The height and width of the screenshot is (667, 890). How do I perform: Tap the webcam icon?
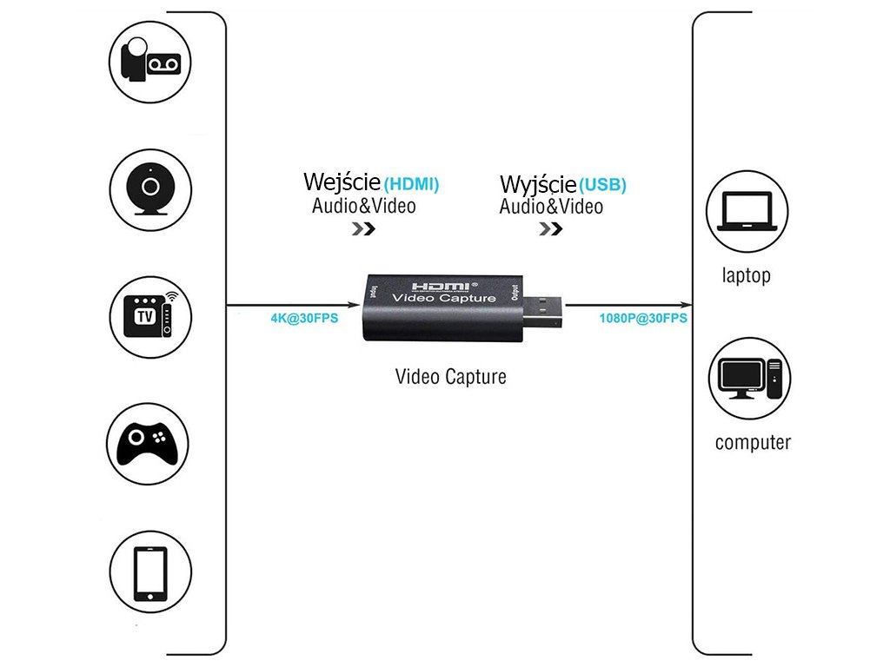(150, 188)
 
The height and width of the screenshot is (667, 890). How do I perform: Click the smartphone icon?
(150, 573)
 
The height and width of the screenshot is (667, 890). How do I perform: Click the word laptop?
(746, 276)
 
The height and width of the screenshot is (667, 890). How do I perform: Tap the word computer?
(753, 443)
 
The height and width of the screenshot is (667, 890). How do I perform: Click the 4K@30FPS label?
(304, 318)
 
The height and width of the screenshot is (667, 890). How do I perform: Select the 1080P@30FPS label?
(643, 318)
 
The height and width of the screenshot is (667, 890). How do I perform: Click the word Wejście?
(342, 182)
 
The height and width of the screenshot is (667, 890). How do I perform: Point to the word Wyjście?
(538, 184)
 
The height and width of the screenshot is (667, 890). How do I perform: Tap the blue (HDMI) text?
(411, 184)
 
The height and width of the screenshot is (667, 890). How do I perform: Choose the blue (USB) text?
(602, 185)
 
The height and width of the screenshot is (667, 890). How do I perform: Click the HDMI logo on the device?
(441, 286)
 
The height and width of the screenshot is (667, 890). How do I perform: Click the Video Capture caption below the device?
(450, 377)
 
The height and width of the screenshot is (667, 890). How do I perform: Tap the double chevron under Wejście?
(363, 229)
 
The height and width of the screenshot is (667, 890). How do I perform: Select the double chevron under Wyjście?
(550, 229)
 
